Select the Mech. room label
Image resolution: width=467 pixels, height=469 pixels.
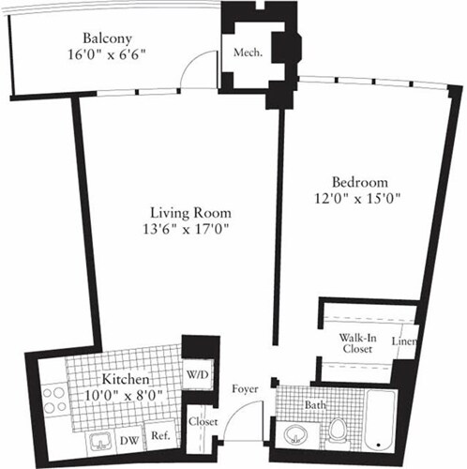(x=247, y=53)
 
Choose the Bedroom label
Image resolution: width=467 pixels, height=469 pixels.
(x=355, y=181)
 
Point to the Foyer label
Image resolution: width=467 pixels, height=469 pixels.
(x=246, y=387)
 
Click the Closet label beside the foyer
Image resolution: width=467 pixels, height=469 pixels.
(x=203, y=422)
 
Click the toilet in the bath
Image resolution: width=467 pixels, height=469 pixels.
(x=339, y=432)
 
